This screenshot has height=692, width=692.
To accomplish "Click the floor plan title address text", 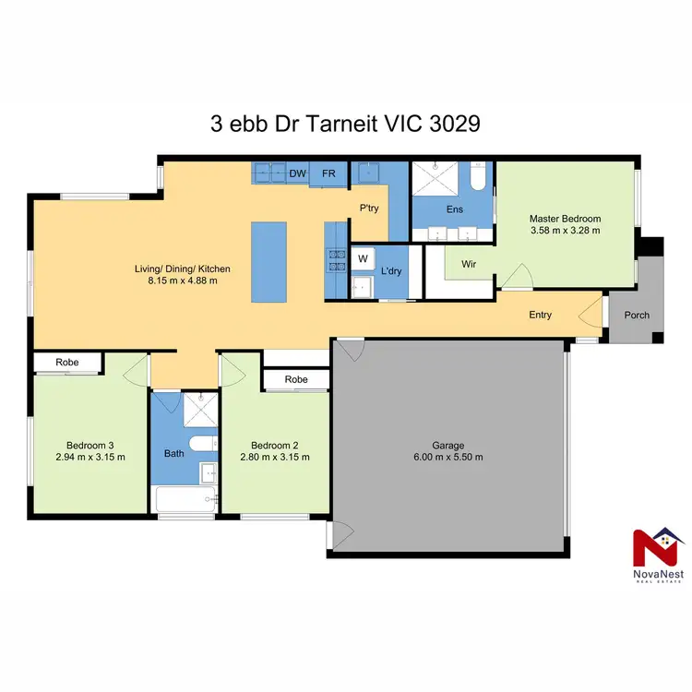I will click(x=345, y=125).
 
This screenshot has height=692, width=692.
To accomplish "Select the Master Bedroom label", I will click(x=565, y=219).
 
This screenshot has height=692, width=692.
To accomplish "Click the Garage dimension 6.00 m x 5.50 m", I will click(x=449, y=457).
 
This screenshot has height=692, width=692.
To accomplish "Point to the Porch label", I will click(x=637, y=316).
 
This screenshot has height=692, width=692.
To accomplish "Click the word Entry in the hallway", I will click(x=540, y=316).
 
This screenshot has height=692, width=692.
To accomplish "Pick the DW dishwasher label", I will click(x=297, y=173).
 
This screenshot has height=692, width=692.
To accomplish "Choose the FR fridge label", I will click(x=328, y=173).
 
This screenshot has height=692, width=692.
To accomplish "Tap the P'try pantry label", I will click(x=370, y=209).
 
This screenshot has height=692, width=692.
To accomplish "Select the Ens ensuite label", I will click(x=454, y=209).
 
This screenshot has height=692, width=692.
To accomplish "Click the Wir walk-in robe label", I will click(x=468, y=263).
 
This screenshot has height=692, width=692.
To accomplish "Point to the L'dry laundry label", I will click(x=391, y=271).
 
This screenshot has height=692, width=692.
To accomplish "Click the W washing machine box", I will click(x=363, y=258).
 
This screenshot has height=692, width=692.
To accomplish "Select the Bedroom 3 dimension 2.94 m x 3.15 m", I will click(x=90, y=457).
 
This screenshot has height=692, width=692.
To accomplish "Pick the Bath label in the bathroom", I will click(x=173, y=453).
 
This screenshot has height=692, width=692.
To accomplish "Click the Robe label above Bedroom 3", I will click(x=66, y=363).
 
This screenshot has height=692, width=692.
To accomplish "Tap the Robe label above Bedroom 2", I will click(x=295, y=379).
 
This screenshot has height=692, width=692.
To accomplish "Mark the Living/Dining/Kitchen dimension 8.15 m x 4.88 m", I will click(x=182, y=281).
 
